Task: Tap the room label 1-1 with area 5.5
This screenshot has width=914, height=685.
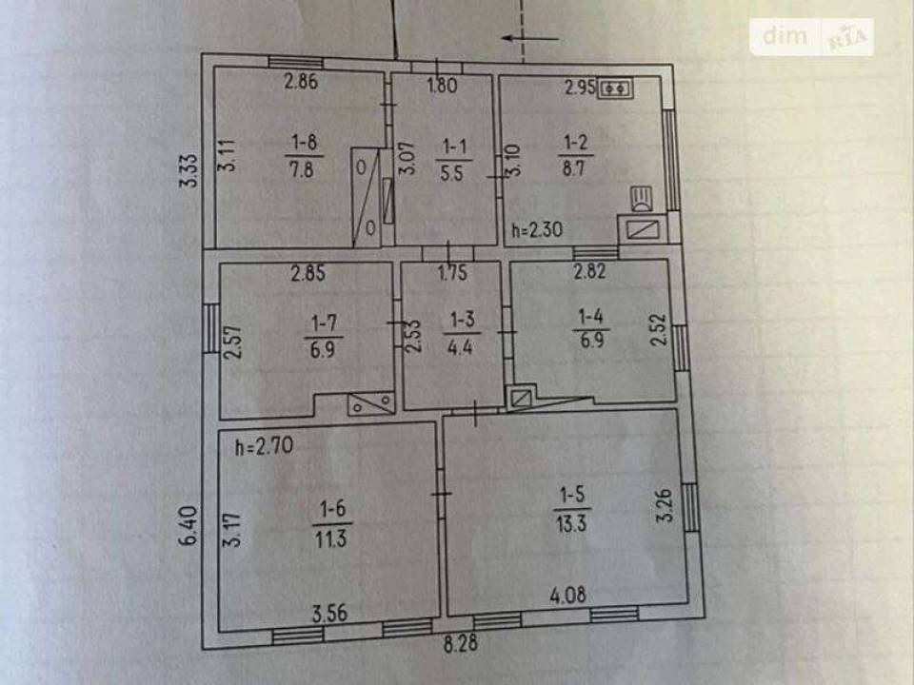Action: [x=453, y=159]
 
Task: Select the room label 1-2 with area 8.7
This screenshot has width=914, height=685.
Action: [x=575, y=155]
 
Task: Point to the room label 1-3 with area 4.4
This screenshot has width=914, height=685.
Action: [x=462, y=333]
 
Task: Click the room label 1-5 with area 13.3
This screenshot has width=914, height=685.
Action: [x=571, y=510]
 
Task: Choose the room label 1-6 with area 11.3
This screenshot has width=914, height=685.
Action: [x=331, y=523]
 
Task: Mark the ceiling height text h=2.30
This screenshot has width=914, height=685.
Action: [x=537, y=229]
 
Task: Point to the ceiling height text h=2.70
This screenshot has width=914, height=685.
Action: [x=264, y=447]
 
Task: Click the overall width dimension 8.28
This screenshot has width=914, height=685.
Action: [x=461, y=644]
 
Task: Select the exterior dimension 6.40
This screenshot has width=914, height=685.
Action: [x=189, y=526]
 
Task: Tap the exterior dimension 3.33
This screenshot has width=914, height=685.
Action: [x=189, y=170]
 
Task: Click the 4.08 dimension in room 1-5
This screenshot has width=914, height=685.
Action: [x=568, y=595]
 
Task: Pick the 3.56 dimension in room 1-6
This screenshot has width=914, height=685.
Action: [x=330, y=614]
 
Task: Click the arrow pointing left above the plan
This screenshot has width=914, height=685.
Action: [x=530, y=39]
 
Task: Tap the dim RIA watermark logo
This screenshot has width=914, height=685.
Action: [x=811, y=37]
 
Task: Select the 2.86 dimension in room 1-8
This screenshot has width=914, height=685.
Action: [x=301, y=81]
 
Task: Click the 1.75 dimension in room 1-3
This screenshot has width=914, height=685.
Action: [x=452, y=273]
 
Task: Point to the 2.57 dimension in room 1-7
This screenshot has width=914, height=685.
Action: [x=233, y=342]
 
